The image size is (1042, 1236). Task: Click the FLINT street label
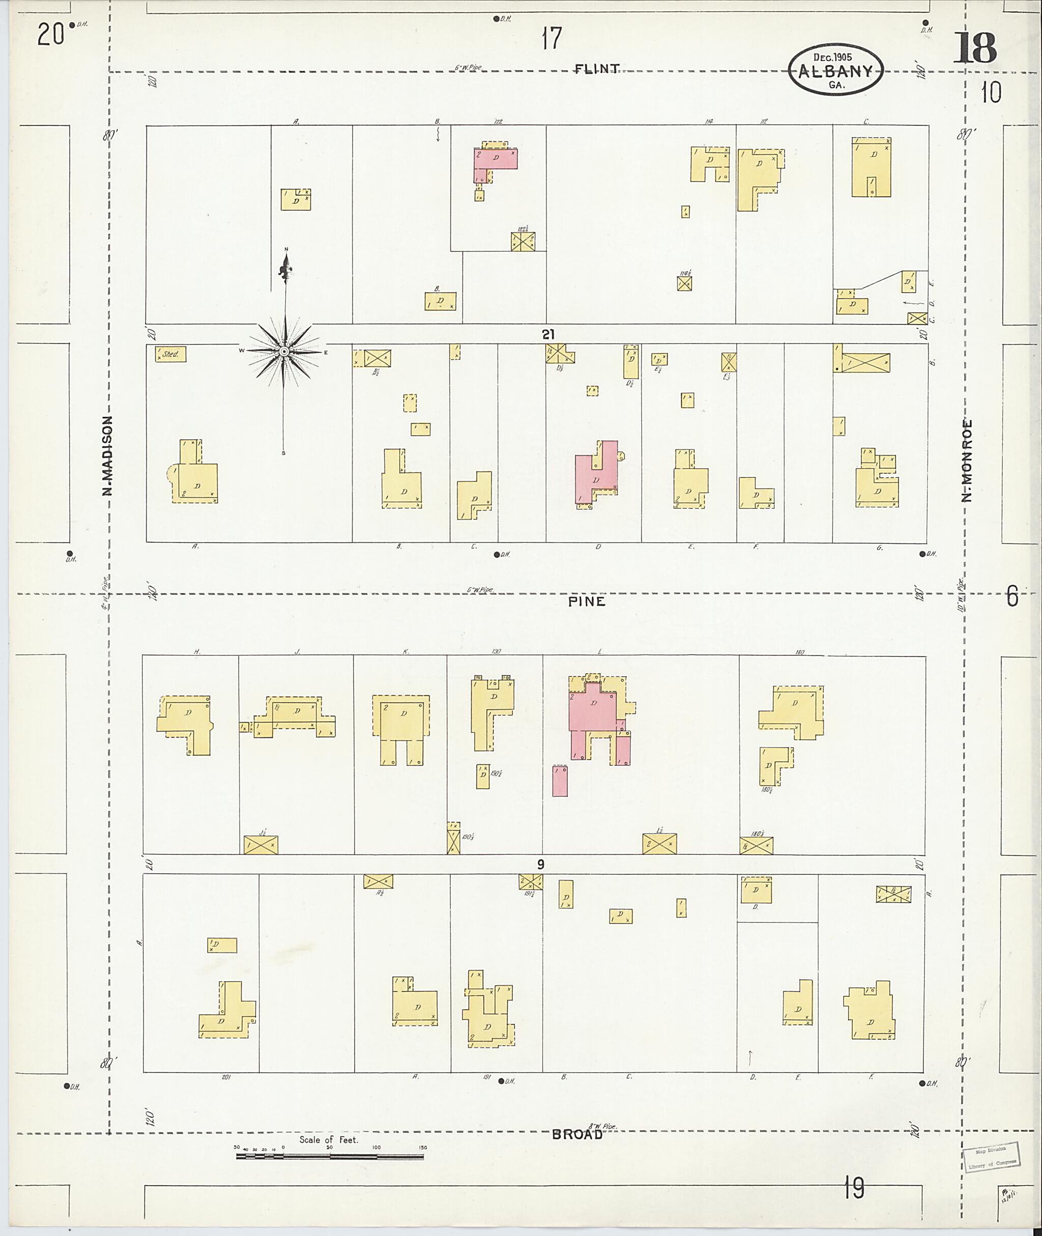(x=597, y=69)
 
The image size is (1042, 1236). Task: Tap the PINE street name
(x=587, y=601)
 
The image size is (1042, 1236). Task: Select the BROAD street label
(x=577, y=1134)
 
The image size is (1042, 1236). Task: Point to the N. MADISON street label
(x=107, y=455)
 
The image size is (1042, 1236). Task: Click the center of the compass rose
(x=283, y=352)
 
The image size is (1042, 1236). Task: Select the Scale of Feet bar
(x=330, y=1156)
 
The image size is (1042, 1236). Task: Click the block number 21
(x=548, y=334)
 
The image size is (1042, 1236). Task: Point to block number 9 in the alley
(x=540, y=865)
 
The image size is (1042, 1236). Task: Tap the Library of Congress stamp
(x=991, y=1156)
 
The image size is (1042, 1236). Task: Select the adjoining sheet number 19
(x=854, y=1188)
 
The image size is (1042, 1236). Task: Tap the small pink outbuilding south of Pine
(x=559, y=781)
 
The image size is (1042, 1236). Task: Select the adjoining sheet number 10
(x=991, y=93)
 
